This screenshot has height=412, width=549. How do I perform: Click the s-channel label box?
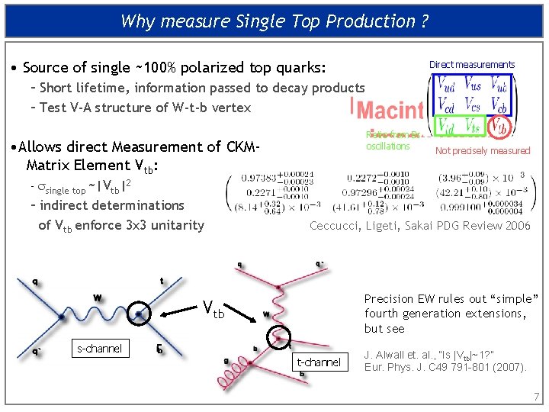point(99,349)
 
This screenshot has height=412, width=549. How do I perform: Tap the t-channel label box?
point(319,362)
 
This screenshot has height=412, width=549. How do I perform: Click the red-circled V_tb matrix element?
point(498,125)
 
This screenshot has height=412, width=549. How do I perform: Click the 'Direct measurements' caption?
point(471,65)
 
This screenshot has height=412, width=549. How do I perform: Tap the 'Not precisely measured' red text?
point(482,151)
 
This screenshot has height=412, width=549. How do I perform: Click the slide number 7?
point(536,397)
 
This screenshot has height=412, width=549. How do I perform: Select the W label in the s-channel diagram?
point(98,297)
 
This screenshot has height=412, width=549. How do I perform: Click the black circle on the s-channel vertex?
point(138,313)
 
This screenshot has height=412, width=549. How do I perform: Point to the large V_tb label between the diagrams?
point(213,309)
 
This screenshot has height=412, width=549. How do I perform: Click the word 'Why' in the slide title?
point(138,21)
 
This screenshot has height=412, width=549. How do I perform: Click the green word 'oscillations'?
point(388,146)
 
